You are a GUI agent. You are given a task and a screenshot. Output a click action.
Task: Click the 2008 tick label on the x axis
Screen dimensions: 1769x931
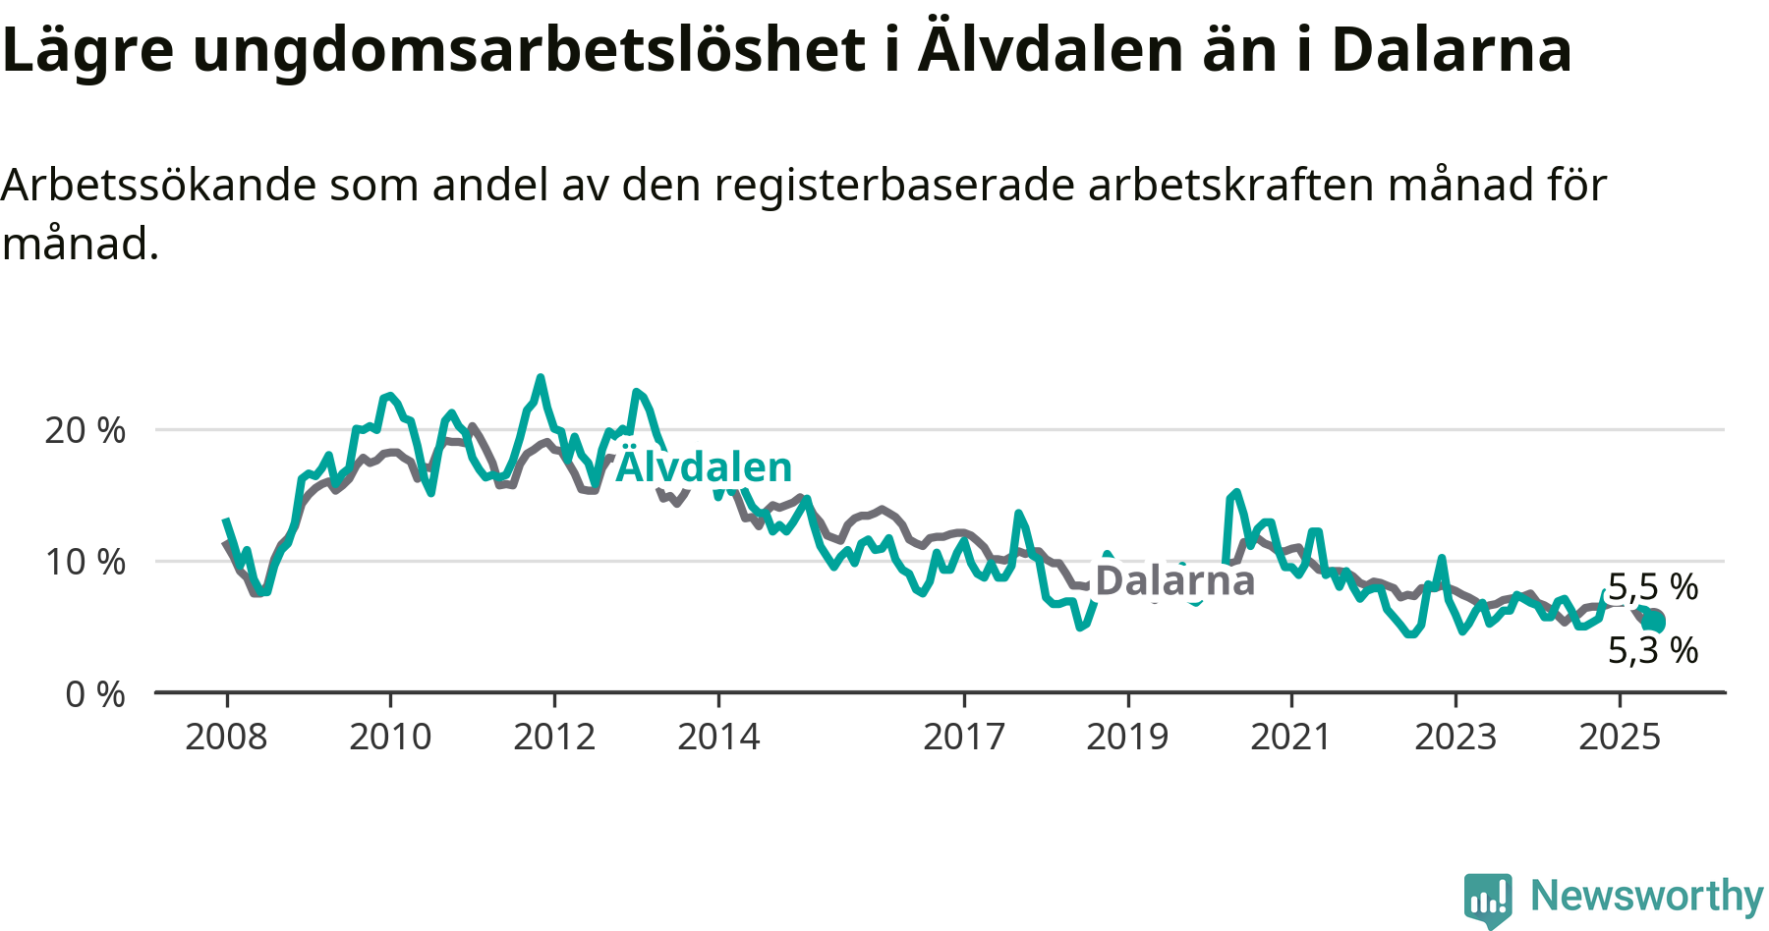[226, 737]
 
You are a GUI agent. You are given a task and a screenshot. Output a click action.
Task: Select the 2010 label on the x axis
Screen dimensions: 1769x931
[390, 737]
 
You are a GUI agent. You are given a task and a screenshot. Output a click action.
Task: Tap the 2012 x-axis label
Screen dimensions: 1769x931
[554, 737]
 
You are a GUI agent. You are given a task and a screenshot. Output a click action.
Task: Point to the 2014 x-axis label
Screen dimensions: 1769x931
[718, 737]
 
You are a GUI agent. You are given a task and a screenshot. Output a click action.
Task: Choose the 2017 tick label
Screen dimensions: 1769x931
[964, 737]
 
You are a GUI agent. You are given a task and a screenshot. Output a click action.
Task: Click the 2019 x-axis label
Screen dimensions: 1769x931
[1127, 737]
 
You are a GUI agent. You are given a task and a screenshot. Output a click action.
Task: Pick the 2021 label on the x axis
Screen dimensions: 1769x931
[1291, 737]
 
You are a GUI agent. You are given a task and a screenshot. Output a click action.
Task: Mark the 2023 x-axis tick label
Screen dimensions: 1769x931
[1455, 737]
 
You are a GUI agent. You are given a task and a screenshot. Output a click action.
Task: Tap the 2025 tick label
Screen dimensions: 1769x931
[1620, 737]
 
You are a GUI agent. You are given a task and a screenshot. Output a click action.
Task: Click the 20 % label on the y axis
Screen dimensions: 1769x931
[86, 430]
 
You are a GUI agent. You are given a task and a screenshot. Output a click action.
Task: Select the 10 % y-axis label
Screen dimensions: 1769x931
[86, 562]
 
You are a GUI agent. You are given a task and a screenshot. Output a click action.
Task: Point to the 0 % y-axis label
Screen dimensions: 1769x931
[95, 694]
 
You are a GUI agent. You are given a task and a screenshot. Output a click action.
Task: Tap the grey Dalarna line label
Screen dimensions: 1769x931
[1175, 580]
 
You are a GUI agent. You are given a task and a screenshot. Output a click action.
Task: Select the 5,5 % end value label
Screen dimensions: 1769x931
[1653, 587]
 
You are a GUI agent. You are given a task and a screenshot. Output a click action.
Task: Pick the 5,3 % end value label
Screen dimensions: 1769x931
[1653, 650]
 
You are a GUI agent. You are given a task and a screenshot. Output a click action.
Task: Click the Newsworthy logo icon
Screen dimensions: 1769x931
[1488, 900]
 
